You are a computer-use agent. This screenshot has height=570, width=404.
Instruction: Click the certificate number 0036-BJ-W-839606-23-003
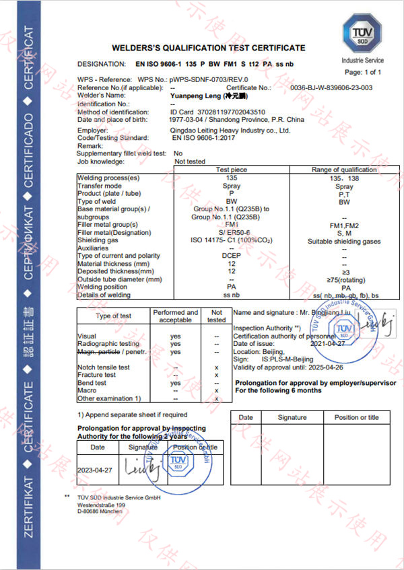pos(331,88)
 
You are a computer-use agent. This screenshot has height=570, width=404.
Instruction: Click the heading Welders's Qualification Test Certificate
pos(208,48)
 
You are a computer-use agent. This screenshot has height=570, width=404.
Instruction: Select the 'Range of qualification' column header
pos(344,170)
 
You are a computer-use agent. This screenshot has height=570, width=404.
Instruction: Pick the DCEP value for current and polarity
pos(231,256)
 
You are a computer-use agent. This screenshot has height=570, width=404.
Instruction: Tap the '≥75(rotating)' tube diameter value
pos(344,279)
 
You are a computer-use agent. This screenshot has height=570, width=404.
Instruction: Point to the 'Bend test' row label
pos(92,383)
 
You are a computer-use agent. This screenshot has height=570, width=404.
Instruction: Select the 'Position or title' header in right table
pos(356,417)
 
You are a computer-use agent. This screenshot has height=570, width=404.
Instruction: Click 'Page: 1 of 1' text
pos(363,72)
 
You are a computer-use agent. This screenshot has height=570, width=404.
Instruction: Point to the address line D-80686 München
pos(100,511)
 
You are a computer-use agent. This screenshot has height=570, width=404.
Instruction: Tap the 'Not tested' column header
pos(216,316)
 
